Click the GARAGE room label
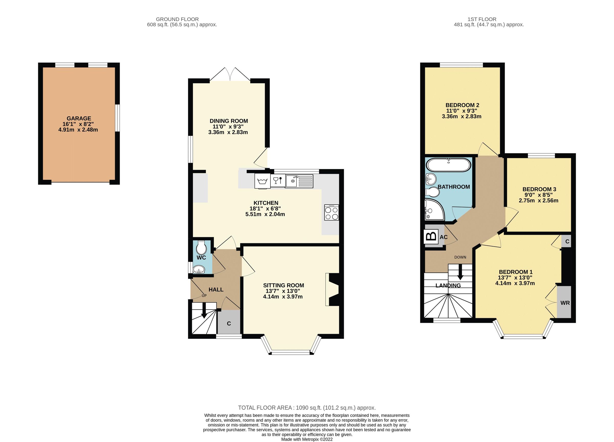79,118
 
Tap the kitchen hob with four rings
331,213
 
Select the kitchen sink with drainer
299,181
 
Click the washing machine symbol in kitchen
262,181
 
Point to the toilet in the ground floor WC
202,247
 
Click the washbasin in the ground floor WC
199,270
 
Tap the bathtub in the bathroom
448,165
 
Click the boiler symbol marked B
431,237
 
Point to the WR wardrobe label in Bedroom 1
565,303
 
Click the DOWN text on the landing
460,257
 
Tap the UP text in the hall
204,296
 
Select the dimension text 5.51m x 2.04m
265,214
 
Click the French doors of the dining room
230,74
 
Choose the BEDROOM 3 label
539,189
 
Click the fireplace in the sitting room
333,290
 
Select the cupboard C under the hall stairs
229,324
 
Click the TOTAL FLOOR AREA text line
307,408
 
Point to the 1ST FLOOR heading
482,19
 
